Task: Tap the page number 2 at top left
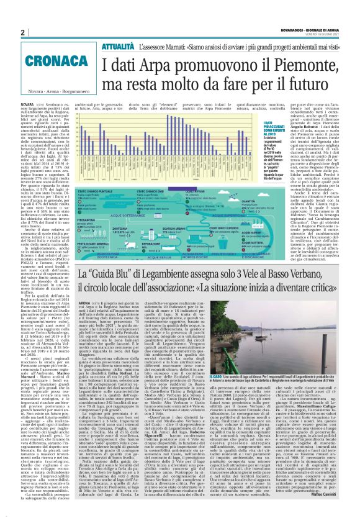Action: coord(22,33)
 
